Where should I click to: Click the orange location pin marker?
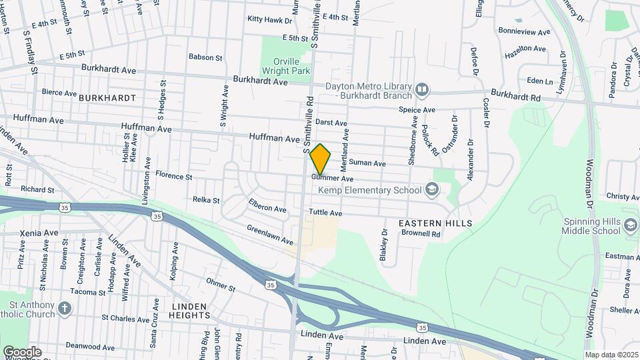tap(320, 159)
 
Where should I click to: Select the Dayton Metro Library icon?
tap(421, 89)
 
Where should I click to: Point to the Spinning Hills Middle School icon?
tap(629, 225)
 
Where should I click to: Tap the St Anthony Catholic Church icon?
tap(64, 308)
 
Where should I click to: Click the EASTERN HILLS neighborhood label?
tap(435, 223)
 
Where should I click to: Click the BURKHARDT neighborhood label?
tap(107, 98)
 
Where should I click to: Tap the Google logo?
tap(22, 352)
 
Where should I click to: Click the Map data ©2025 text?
tap(611, 355)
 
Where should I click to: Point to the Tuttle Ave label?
tap(325, 213)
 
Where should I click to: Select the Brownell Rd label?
tap(421, 234)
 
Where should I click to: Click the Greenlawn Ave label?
tap(269, 235)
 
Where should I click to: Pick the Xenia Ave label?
tap(39, 233)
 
